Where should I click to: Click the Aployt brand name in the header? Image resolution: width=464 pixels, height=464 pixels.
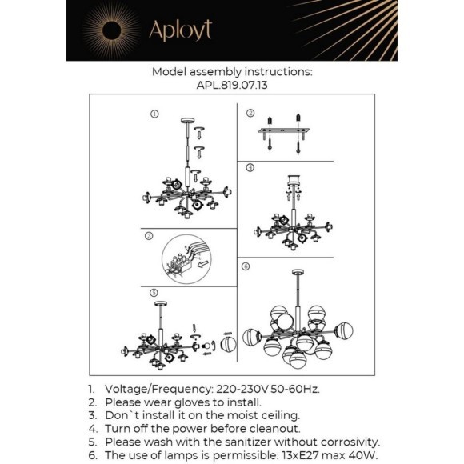click(181, 30)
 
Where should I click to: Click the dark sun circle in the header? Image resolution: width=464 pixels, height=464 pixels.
click(111, 30)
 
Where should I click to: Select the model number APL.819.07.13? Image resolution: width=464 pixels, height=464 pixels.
click(232, 86)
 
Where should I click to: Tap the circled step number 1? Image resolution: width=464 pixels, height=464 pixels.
click(154, 114)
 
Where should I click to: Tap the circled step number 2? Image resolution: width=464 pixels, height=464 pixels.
click(250, 113)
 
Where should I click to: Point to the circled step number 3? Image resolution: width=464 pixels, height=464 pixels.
click(149, 236)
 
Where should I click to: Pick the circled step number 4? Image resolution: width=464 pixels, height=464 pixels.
click(250, 167)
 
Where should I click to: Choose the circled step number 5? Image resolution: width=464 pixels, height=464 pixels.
click(154, 293)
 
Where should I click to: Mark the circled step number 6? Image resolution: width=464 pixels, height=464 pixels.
click(246, 266)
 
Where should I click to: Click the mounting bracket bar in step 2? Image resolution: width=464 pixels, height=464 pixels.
click(283, 130)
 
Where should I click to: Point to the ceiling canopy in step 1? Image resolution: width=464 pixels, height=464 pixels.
click(188, 121)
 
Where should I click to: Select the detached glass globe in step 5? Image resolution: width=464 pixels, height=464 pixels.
click(228, 345)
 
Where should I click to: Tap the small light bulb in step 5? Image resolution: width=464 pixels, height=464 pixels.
click(206, 346)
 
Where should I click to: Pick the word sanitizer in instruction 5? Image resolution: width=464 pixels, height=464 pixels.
click(248, 442)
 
